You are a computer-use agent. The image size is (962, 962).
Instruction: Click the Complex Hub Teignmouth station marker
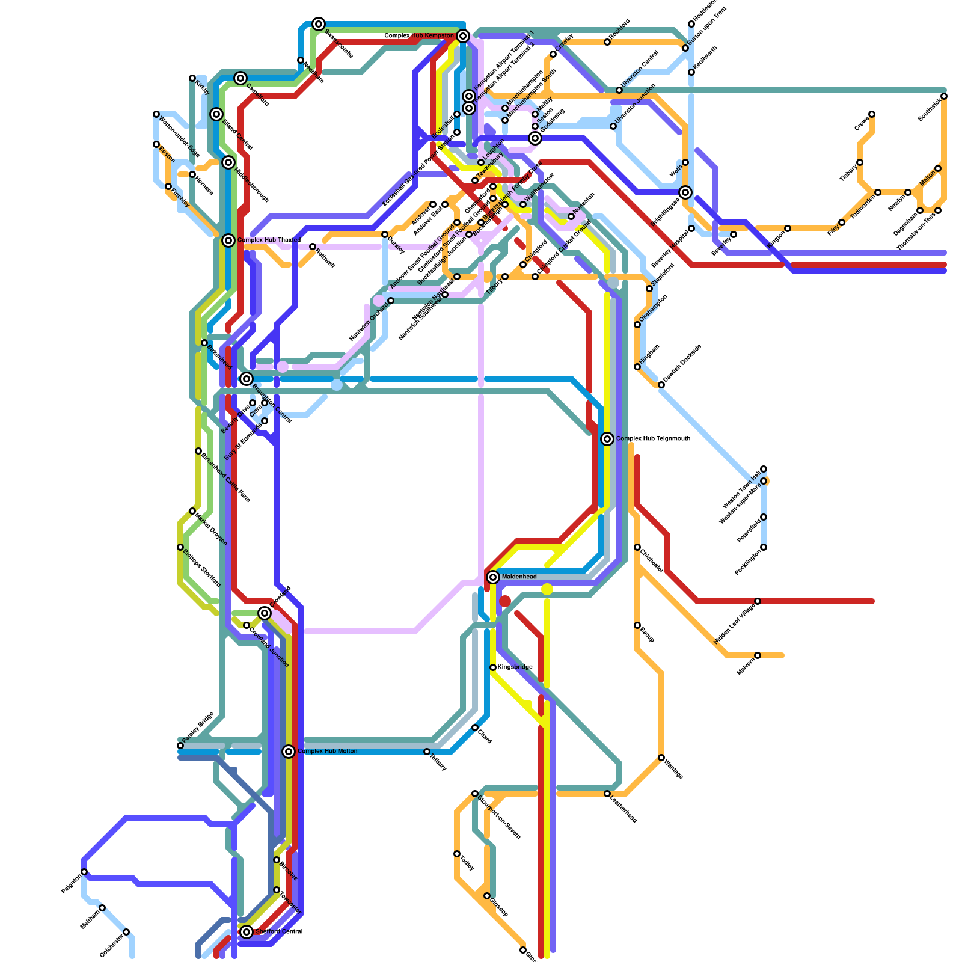tap(607, 439)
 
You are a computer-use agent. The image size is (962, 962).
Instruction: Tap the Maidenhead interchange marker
tap(493, 577)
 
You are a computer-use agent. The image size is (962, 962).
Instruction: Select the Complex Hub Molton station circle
tap(289, 752)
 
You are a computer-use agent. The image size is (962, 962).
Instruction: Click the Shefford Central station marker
tap(247, 932)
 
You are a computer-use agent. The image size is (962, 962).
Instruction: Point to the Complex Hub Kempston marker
tap(463, 36)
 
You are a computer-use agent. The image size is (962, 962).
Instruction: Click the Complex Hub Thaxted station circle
tap(228, 240)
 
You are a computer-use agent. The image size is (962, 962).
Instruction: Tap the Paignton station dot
tap(84, 872)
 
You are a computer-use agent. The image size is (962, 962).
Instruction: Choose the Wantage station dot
tap(661, 758)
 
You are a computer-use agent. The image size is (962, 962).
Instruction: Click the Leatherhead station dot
tap(607, 794)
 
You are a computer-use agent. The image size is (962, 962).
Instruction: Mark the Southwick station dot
tap(944, 96)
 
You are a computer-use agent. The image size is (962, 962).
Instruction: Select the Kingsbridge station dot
tap(493, 667)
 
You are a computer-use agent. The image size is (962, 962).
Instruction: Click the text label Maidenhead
tap(519, 577)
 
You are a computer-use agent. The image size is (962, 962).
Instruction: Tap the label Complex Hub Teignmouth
tap(653, 439)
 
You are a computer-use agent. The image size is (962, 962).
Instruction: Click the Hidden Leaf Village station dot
tap(758, 601)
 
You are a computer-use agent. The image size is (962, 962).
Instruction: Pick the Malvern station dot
tap(758, 655)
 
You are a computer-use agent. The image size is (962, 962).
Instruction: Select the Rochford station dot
tap(607, 42)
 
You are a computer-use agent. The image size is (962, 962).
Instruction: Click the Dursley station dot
tap(385, 234)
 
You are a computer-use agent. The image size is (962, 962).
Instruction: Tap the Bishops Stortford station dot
tap(180, 547)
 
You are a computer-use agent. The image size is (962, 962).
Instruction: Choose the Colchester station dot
tap(126, 932)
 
